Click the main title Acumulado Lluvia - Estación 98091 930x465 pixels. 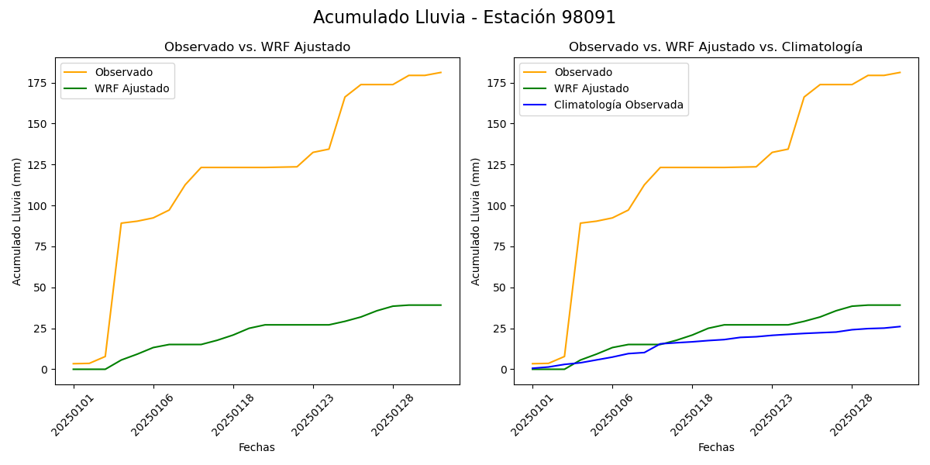[464, 18]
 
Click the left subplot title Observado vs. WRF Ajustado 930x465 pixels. [257, 47]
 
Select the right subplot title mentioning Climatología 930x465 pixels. [715, 47]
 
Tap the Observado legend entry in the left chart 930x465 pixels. [123, 73]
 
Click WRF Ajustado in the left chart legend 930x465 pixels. [132, 89]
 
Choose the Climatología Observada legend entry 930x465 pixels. [618, 105]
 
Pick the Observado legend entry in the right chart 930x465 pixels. [583, 73]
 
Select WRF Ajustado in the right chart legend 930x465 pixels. [591, 89]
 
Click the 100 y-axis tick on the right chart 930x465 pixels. [497, 206]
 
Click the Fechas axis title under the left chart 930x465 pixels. [257, 448]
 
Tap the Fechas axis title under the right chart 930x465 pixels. [716, 448]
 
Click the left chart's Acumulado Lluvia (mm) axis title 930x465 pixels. [17, 222]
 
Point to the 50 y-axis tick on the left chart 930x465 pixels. [40, 288]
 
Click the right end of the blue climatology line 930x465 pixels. [900, 326]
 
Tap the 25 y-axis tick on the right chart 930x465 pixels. [500, 329]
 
